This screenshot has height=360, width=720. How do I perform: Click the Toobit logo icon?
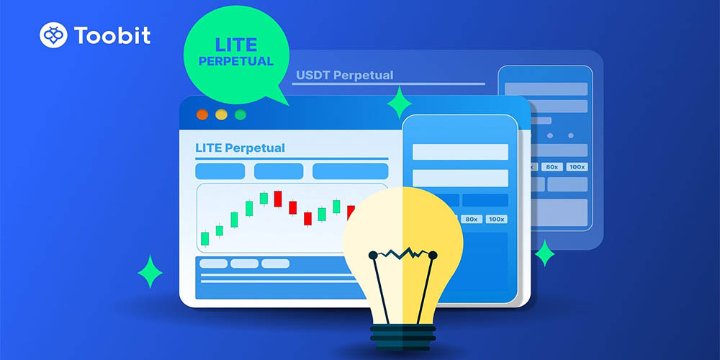53,35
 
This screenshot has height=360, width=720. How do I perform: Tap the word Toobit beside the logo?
112,35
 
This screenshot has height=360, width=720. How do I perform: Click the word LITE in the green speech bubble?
236,45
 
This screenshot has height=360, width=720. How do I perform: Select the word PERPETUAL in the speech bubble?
236,61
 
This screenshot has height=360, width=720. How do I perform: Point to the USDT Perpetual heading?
344,76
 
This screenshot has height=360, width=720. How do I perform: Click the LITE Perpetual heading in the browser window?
240,148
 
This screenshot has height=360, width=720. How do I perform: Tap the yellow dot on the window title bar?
221,114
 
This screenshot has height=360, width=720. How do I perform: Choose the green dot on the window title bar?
240,114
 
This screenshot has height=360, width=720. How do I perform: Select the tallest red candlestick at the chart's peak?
278,199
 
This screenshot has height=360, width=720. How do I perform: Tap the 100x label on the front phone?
496,219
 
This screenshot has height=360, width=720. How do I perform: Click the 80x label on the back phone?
552,167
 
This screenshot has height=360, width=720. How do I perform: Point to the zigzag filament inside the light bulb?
402,253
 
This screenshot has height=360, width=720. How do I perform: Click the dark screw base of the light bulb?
402,337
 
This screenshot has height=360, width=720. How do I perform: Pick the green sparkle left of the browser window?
150,272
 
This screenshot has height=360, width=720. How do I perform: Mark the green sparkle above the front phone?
399,102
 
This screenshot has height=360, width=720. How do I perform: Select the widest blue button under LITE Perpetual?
351,171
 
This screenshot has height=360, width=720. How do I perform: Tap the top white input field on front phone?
460,152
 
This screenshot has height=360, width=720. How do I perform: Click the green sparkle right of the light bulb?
544,253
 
